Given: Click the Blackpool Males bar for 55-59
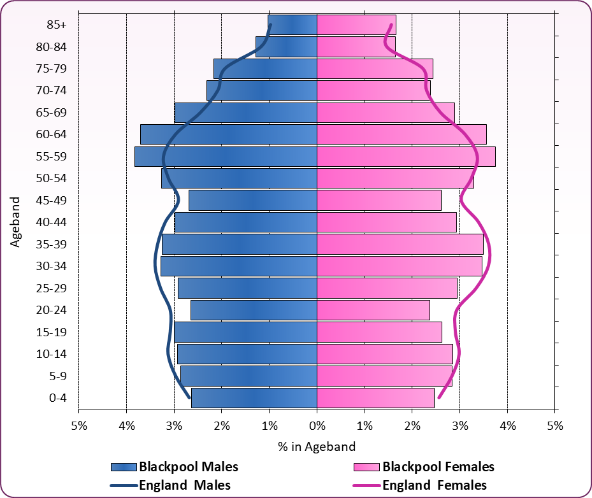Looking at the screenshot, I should (x=226, y=157).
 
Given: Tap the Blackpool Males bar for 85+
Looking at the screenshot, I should (x=292, y=25).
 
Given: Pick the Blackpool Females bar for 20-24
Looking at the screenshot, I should (x=373, y=310).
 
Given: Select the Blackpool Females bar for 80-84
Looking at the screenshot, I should (x=356, y=46).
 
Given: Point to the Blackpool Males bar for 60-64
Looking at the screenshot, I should (x=229, y=134).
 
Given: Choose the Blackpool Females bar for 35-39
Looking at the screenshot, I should (x=400, y=245).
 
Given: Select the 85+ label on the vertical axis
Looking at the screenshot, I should (x=56, y=25).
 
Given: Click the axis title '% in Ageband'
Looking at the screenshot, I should (x=317, y=446).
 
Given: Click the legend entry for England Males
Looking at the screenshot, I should (x=170, y=485).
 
